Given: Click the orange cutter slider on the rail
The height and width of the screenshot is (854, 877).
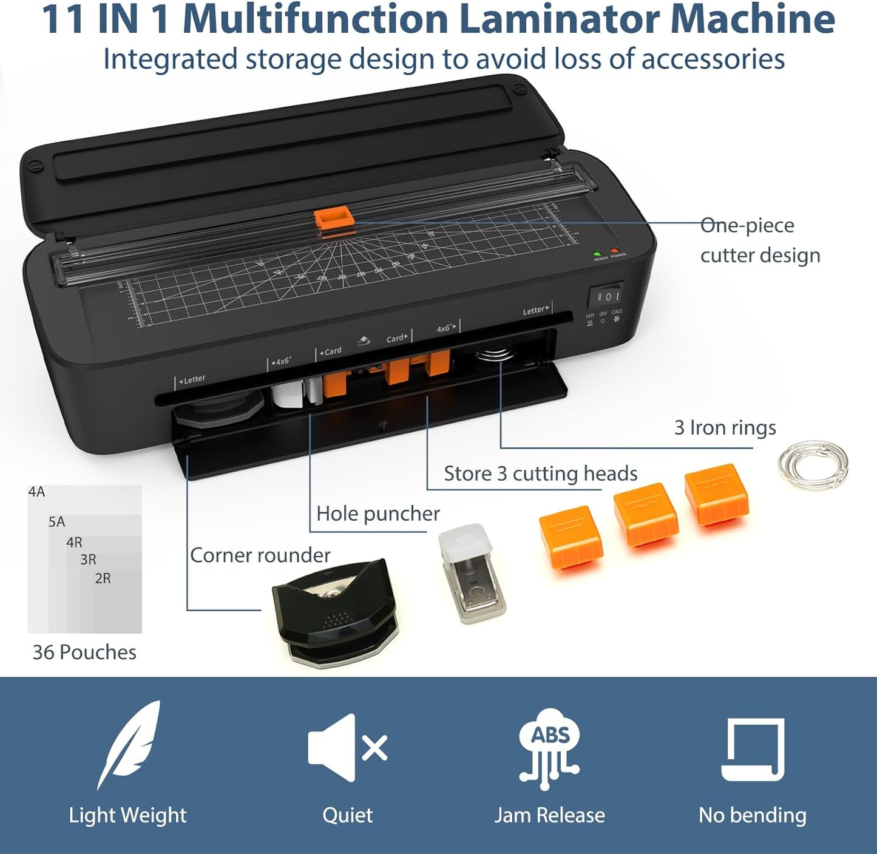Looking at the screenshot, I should tap(333, 219).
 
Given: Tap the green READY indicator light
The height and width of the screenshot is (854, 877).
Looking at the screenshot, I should tap(597, 254).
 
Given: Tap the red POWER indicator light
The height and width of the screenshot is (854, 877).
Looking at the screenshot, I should tap(615, 251).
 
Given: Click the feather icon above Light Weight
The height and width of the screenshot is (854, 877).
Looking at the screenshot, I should tap(129, 745).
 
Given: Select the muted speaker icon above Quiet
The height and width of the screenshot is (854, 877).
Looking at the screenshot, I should tap(347, 747).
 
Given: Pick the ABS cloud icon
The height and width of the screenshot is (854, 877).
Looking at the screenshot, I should tap(549, 747).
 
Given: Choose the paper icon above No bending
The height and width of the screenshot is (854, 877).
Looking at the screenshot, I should tap(753, 749).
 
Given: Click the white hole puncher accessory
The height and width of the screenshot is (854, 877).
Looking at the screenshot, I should tap(472, 573).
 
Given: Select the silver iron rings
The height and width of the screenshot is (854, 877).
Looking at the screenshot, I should tap(813, 466).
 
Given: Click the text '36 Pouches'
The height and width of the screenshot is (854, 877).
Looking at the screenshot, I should tap(84, 652).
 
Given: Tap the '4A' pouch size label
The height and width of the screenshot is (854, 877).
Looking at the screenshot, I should tap(37, 492).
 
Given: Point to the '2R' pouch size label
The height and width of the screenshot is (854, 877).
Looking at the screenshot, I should tap(103, 578).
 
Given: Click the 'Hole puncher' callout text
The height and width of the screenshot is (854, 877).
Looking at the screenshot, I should tap(378, 513).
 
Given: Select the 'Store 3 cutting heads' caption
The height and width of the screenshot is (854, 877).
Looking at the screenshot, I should tap(540, 473).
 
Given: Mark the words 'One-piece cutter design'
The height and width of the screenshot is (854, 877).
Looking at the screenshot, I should tap(759, 240).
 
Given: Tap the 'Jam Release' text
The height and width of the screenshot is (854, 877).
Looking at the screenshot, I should tap(549, 815).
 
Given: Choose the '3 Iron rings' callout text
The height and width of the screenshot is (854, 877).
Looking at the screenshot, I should tap(725, 428).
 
